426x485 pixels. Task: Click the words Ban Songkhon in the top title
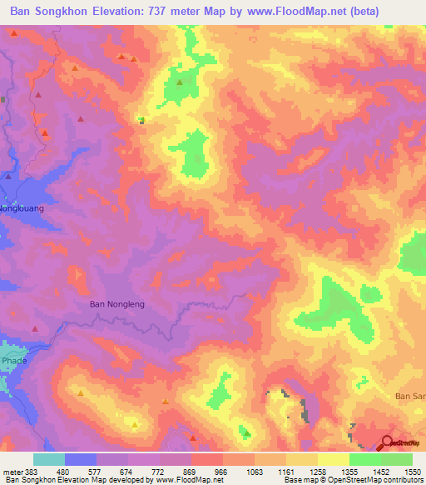[49, 12]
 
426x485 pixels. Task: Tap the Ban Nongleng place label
[117, 304]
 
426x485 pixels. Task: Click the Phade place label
[13, 361]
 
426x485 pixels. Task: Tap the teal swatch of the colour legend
[48, 459]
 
